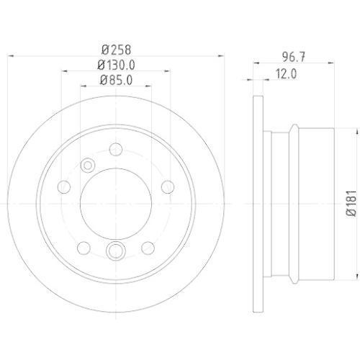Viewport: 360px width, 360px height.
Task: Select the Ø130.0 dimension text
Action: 116,65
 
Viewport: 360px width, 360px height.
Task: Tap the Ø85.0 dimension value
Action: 116,80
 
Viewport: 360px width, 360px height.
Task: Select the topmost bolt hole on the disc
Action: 115,150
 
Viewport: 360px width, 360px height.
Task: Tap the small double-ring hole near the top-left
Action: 88,165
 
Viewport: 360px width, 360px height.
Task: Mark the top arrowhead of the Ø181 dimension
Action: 356,130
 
